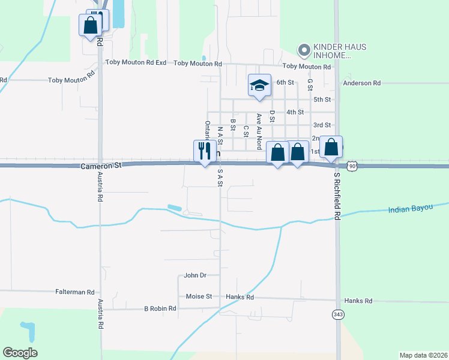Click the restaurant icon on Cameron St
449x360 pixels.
(204, 151)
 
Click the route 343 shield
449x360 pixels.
(338, 314)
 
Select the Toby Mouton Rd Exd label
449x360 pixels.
(136, 62)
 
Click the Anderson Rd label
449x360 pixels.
(362, 83)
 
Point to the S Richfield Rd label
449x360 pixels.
(337, 199)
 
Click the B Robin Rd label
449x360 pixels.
(160, 308)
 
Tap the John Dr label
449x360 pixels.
(195, 275)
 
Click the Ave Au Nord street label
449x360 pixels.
(259, 131)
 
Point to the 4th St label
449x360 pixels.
(295, 112)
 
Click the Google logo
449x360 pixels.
(20, 353)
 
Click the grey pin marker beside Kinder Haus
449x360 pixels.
(304, 50)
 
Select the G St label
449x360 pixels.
(310, 84)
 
